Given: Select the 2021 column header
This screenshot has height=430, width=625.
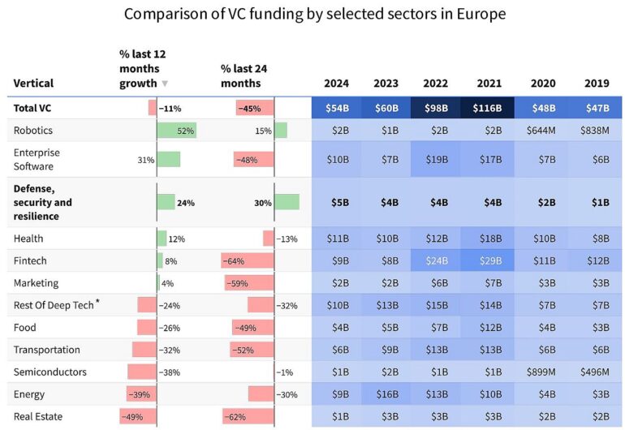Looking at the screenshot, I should pos(489,83).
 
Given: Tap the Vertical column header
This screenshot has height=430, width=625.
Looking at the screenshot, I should pos(33,83).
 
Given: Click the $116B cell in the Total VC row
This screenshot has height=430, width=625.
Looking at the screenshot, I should pos(489,108).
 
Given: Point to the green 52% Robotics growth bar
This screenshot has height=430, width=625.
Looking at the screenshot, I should pos(177,131).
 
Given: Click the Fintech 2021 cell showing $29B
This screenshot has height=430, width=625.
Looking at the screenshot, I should pos(489,261).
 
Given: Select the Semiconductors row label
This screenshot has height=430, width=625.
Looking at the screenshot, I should pos(50,372).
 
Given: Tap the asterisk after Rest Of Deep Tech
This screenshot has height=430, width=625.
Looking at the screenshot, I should pos(98,303).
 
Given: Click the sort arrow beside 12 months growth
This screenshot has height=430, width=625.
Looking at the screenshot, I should pos(166,84).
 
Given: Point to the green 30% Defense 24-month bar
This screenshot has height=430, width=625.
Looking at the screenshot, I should pos(287,202).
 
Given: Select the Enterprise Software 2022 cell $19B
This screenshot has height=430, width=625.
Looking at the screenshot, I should pos(437,160).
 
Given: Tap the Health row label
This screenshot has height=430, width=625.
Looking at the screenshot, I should pos(28,239).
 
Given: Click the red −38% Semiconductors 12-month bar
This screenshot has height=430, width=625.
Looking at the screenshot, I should pos(141,372).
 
